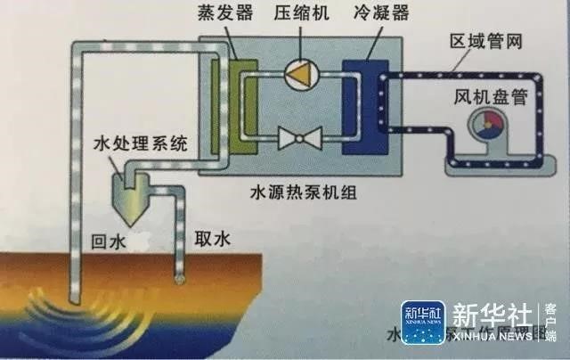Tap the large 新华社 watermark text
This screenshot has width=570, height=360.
tap(492, 315)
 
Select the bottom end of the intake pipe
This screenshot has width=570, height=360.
tap(181, 280)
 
